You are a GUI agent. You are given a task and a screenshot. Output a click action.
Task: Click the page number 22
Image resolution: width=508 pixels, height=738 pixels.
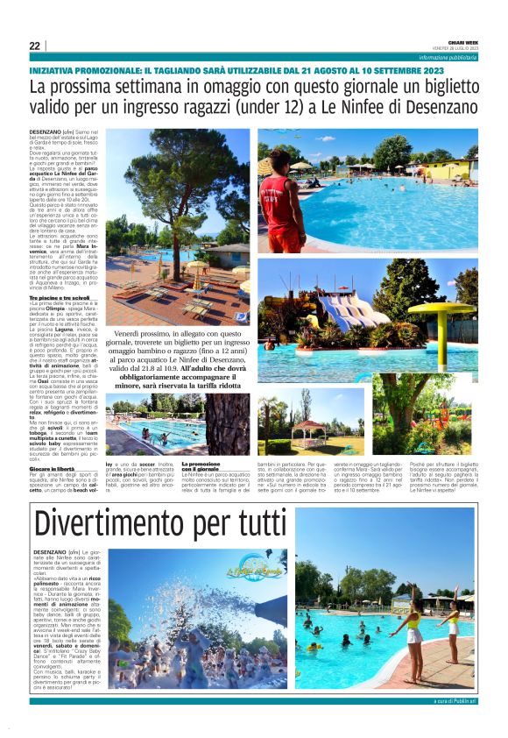[x=34, y=46]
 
